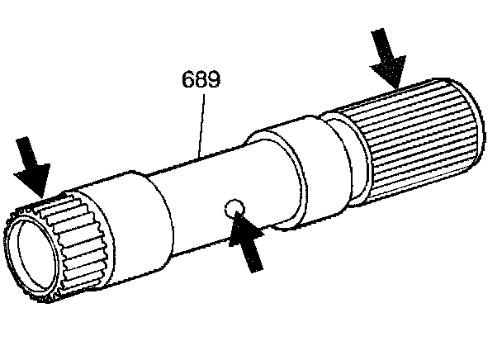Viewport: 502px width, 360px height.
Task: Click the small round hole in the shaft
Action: (234, 207)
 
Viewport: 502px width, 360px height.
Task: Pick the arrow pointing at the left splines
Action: (31, 168)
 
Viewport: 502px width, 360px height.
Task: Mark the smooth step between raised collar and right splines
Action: (347, 161)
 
